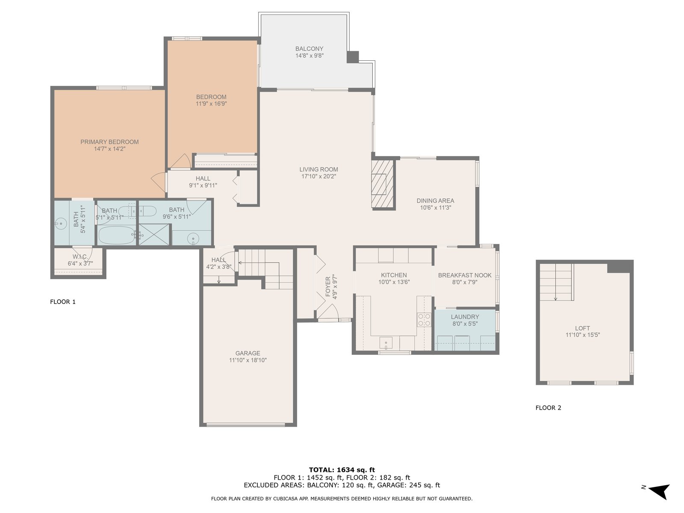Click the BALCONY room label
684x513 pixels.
coord(309,49)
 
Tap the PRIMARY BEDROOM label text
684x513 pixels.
coord(109,142)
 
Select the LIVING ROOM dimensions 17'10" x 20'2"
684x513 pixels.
coord(318,177)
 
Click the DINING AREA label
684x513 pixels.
coord(435,201)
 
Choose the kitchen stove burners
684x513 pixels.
coord(424,320)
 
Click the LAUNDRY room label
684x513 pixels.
coord(465,317)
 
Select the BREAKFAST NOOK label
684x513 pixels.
coord(465,275)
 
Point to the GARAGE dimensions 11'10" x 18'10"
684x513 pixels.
coord(248,360)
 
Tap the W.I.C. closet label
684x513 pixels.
coord(80,256)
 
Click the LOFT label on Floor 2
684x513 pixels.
coord(582,328)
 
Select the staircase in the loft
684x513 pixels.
coord(557,282)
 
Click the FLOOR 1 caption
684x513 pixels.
coord(63,302)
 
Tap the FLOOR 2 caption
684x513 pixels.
coord(548,408)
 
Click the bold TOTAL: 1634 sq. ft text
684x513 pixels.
coord(342,470)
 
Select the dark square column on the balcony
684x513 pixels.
coord(353,57)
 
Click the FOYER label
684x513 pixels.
coord(328,286)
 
